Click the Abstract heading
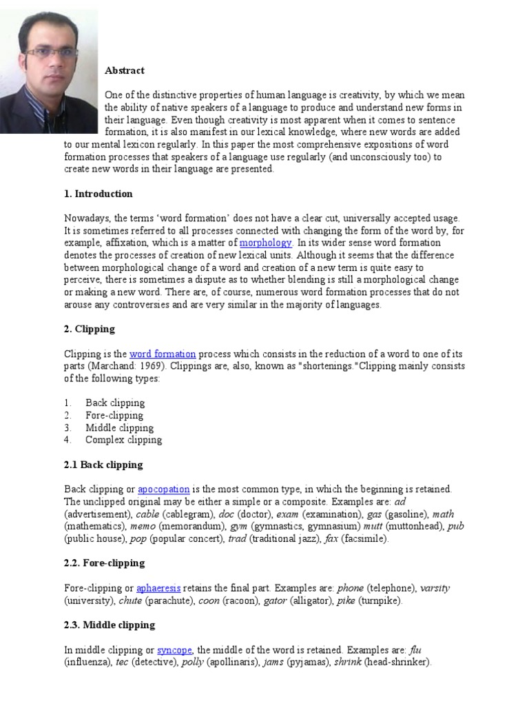[125, 70]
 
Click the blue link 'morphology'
[266, 243]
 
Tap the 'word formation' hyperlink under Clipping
[163, 354]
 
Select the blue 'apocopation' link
[164, 489]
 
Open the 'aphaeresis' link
[158, 588]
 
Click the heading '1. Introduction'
[98, 194]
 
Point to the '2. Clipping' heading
[90, 329]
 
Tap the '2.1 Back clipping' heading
[103, 465]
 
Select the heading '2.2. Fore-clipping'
[105, 563]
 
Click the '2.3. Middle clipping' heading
[110, 625]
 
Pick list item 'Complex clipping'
[123, 440]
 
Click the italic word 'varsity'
[435, 588]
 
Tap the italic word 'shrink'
[347, 663]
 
